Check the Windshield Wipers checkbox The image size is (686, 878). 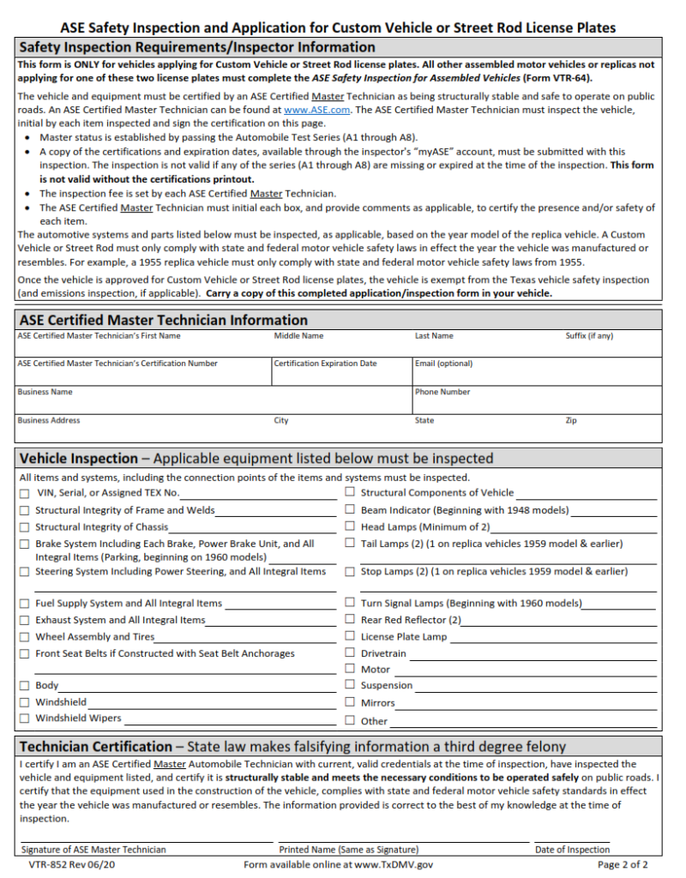click(25, 719)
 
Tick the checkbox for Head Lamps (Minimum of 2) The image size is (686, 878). click(350, 527)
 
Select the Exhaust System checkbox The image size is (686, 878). click(25, 620)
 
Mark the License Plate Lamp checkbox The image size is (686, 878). click(350, 637)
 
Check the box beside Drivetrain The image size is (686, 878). click(350, 653)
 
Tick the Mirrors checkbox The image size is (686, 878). click(350, 703)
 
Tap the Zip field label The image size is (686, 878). click(571, 421)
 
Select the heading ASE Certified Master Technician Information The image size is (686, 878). click(163, 320)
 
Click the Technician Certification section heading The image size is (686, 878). click(95, 746)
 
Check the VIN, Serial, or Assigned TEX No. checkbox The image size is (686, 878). click(25, 493)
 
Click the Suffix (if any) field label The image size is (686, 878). click(589, 336)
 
